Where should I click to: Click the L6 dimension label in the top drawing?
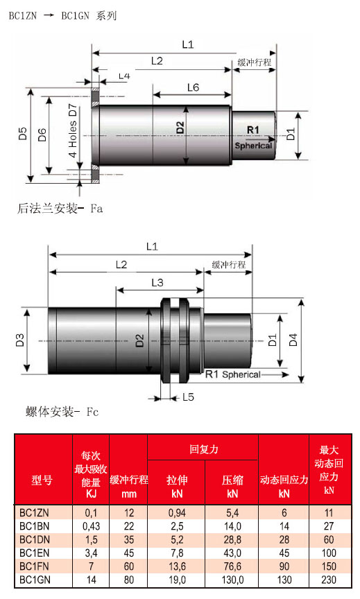[193, 87]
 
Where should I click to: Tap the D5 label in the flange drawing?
[23, 134]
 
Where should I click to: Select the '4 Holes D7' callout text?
[73, 130]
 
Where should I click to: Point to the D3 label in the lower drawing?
[20, 340]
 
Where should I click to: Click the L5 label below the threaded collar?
[188, 397]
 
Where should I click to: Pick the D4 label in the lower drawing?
[293, 340]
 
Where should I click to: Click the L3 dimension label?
[157, 283]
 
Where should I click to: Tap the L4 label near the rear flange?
[124, 76]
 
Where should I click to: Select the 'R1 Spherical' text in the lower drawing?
[233, 374]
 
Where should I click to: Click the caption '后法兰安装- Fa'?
[60, 209]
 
